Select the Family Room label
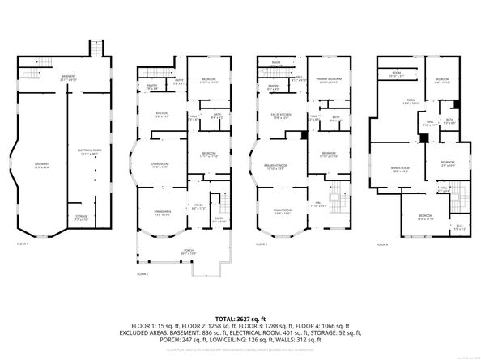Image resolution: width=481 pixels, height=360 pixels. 281,212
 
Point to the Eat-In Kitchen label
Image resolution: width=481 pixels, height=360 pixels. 280,116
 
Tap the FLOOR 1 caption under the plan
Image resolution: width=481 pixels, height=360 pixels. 23,244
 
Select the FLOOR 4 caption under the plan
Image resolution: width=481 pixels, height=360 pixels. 381,244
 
